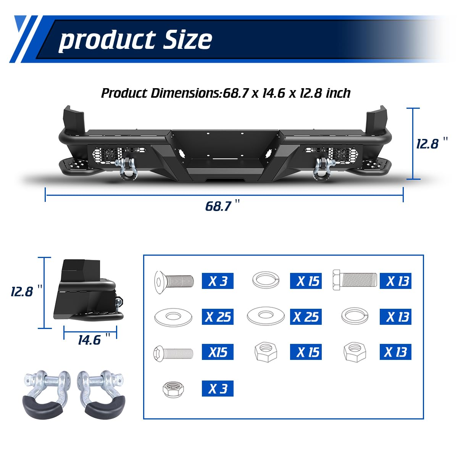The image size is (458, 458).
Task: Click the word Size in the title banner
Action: tap(187, 39)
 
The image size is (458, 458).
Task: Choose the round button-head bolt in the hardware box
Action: tap(173, 352)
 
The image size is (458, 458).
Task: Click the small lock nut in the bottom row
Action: tap(173, 389)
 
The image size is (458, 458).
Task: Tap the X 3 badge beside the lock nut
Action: tap(218, 389)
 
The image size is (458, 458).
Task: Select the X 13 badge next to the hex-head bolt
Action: tap(395, 281)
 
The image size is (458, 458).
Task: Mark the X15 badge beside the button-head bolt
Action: tap(218, 352)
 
